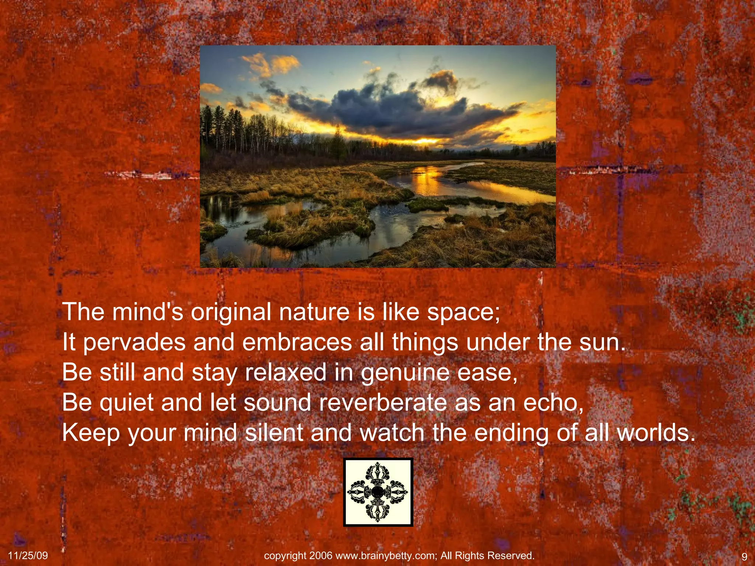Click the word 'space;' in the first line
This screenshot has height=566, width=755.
pos(463,312)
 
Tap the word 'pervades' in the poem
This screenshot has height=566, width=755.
pos(135,343)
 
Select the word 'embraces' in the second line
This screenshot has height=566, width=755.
pos(297,342)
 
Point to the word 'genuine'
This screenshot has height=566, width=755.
pos(405,373)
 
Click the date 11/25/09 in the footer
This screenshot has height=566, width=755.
pos(28,556)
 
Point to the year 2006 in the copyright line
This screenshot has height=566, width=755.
pos(321,556)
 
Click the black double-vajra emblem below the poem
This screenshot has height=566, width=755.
pos(378,492)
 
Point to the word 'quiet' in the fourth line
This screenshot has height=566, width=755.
pos(126,403)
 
